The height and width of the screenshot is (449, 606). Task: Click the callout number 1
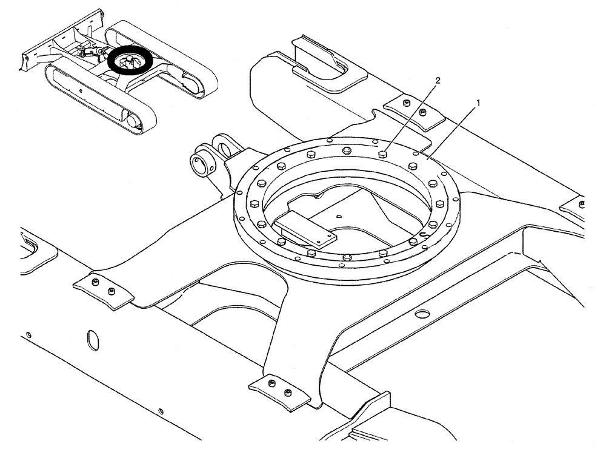[x=478, y=103]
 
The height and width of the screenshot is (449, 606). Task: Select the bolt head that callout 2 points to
[x=383, y=155]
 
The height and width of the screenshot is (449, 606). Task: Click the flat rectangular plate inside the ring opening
[x=306, y=229]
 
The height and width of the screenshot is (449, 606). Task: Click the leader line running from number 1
[x=454, y=130]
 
